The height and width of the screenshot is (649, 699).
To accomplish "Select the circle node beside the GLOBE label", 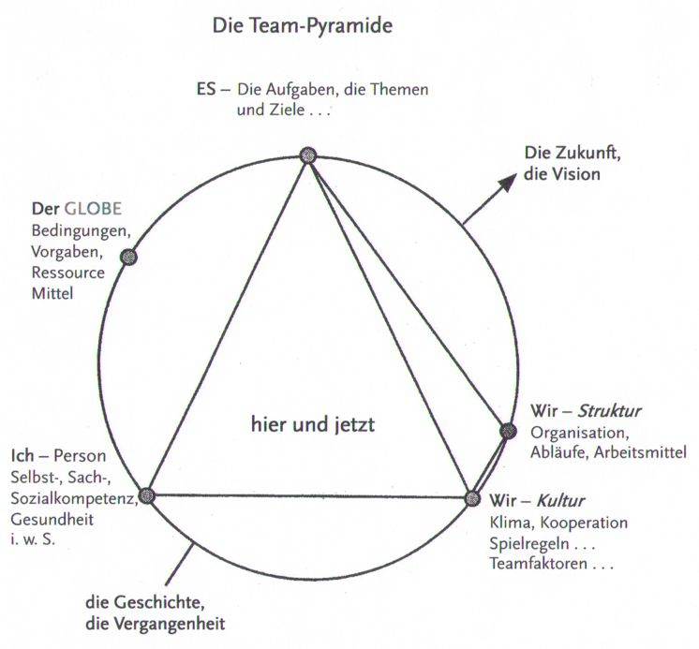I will click(129, 258).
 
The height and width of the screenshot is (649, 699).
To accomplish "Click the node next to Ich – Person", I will click(146, 496).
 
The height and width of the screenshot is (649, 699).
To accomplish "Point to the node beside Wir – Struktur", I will click(508, 431).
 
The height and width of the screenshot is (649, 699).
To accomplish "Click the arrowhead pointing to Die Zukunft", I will click(507, 180).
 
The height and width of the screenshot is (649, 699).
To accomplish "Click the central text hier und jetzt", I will click(312, 424).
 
